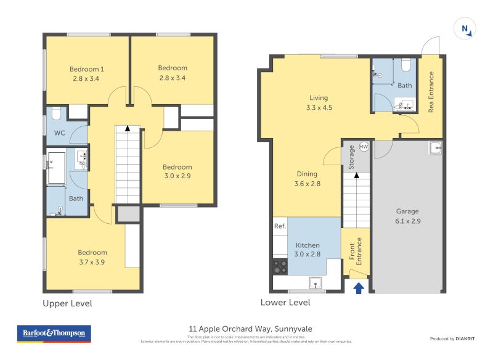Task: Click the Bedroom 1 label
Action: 85,68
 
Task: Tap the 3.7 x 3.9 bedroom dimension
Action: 92,262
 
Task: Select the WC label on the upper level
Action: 60,133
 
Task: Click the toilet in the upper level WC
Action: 55,113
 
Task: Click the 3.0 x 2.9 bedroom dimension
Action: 177,177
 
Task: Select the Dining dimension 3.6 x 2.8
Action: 307,184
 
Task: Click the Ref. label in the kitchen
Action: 280,227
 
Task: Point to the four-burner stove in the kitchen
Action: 280,266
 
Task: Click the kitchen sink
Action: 316,284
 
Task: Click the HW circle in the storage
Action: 364,147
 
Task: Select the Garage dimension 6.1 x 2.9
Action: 407,221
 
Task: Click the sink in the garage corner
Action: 436,147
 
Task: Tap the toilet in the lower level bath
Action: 406,65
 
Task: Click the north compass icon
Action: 465,30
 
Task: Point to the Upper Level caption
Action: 67,303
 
